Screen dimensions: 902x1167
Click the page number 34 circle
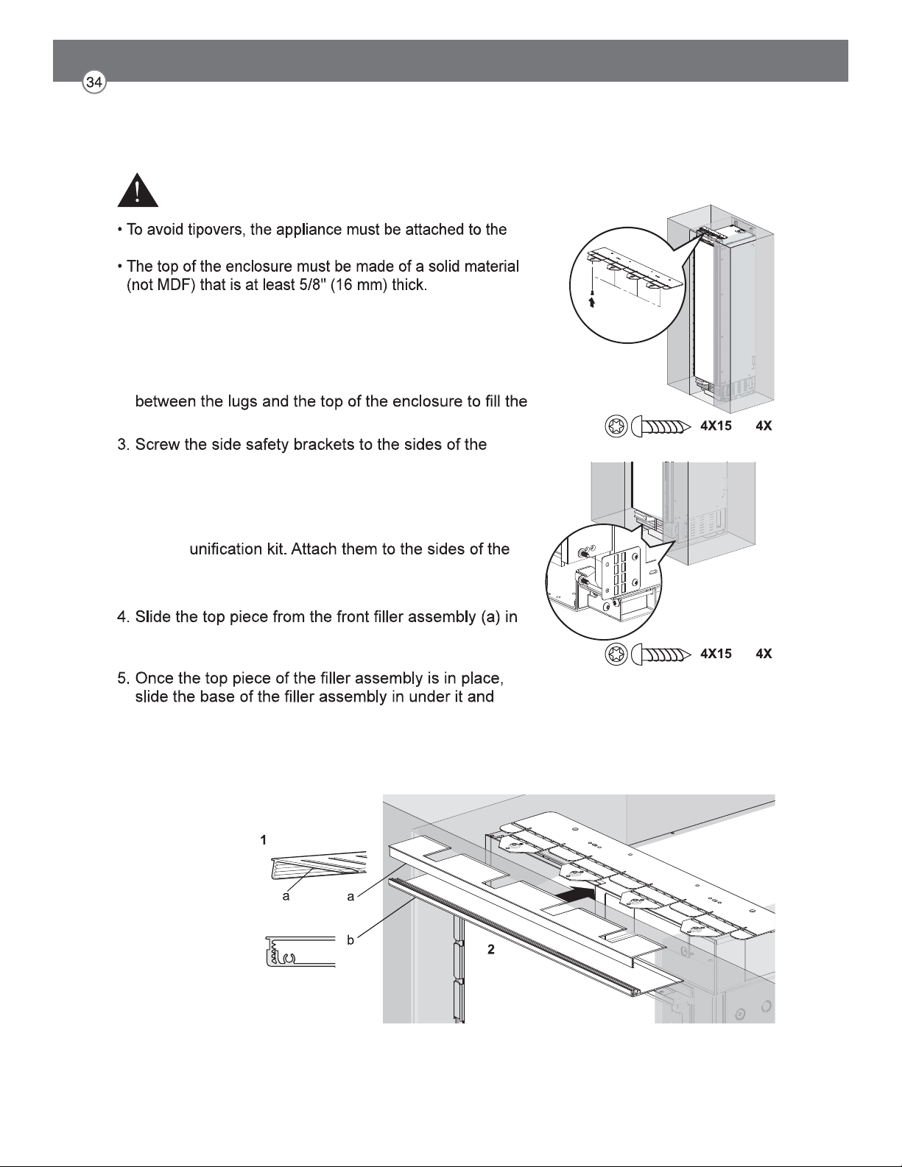coord(94,82)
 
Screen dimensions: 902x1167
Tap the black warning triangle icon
coord(138,190)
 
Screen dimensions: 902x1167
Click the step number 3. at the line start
coord(124,445)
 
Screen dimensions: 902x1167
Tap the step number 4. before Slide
coord(124,616)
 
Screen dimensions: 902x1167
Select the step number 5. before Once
coord(124,678)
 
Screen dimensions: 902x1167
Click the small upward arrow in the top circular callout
coord(592,302)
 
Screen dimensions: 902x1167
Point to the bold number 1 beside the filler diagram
coord(263,841)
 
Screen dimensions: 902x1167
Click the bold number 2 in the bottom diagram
coord(490,950)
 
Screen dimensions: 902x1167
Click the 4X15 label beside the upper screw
coord(716,426)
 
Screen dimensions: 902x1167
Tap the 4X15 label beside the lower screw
coord(716,654)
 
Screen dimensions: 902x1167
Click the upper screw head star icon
coord(616,426)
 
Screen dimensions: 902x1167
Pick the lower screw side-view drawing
coord(660,654)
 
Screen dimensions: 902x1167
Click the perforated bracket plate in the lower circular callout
coord(621,572)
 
